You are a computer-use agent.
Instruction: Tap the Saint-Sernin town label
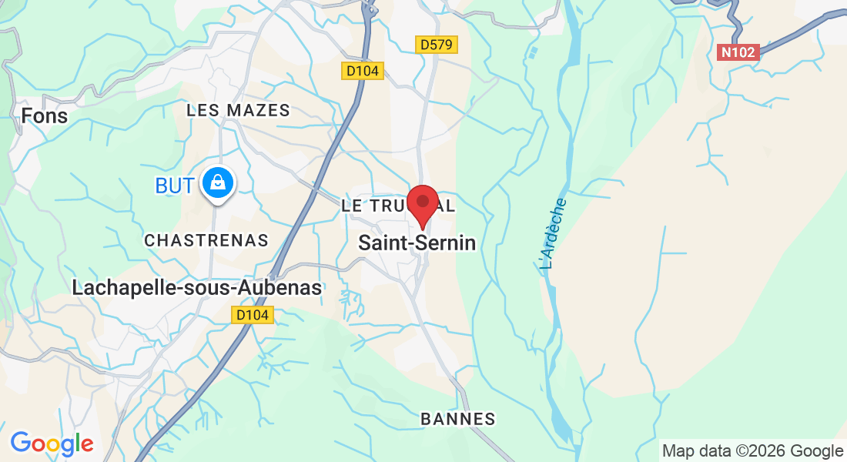[417, 243]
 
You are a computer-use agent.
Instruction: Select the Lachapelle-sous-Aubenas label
[196, 288]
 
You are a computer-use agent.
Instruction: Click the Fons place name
[45, 116]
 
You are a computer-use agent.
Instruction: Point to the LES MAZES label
[238, 111]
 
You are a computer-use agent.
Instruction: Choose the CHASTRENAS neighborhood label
[206, 241]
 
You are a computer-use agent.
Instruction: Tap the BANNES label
[457, 419]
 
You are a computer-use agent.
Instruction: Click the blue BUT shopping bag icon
[218, 183]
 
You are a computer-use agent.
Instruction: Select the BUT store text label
[174, 186]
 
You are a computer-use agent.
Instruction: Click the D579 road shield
[437, 45]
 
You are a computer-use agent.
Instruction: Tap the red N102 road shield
[738, 52]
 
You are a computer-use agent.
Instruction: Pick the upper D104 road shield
[362, 71]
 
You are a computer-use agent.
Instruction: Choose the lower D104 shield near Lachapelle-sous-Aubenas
[253, 315]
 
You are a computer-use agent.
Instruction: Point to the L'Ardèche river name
[554, 234]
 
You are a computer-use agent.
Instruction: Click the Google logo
[52, 444]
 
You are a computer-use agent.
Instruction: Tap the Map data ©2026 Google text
[752, 450]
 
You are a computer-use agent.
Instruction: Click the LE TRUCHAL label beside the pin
[377, 206]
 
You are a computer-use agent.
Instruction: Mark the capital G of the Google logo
[21, 443]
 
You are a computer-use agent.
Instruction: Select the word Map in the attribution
[678, 450]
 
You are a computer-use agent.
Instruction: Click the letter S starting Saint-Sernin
[365, 243]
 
